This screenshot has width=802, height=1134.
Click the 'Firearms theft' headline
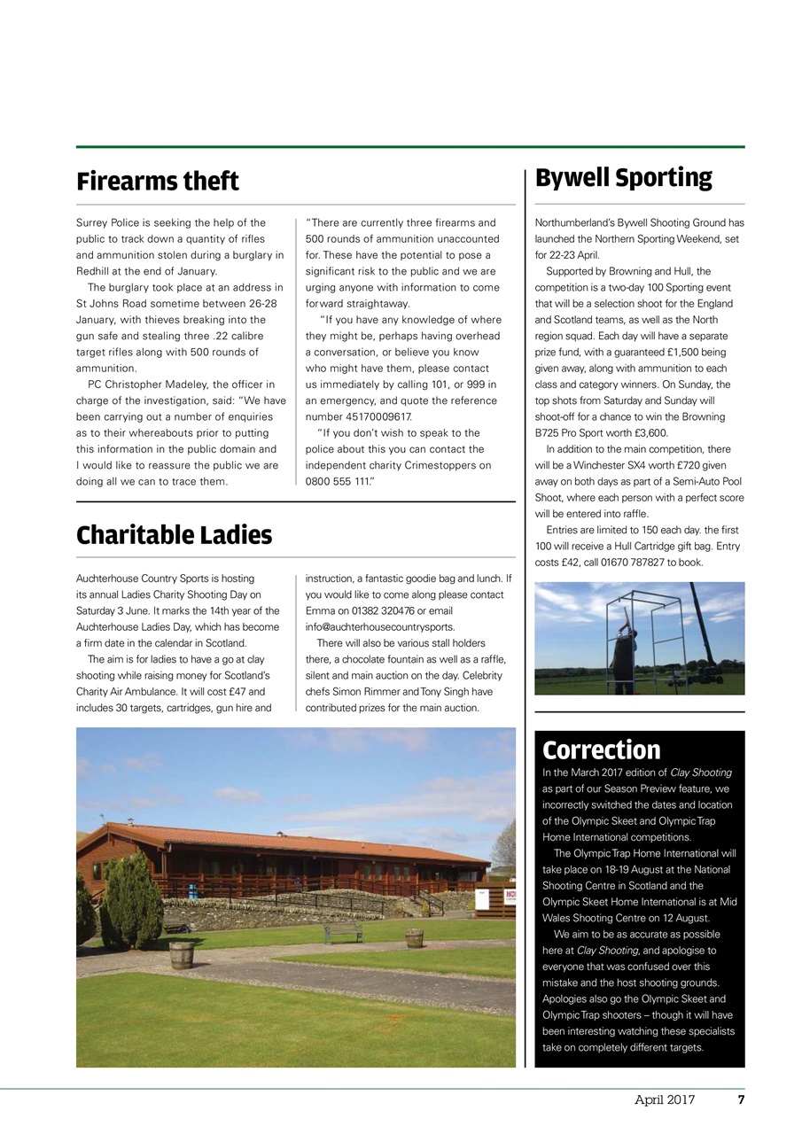tap(158, 182)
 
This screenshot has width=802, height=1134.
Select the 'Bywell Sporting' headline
tap(623, 178)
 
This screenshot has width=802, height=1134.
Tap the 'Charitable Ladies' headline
tap(174, 535)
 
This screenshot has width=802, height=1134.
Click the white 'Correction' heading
tap(601, 750)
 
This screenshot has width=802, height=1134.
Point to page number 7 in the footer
tap(741, 1099)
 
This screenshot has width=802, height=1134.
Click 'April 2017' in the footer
tap(664, 1099)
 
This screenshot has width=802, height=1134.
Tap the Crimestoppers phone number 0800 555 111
tap(341, 481)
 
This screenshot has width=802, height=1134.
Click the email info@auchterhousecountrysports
tap(379, 626)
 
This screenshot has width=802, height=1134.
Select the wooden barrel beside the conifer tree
tap(182, 954)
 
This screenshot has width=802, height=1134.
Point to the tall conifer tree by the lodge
tap(132, 898)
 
